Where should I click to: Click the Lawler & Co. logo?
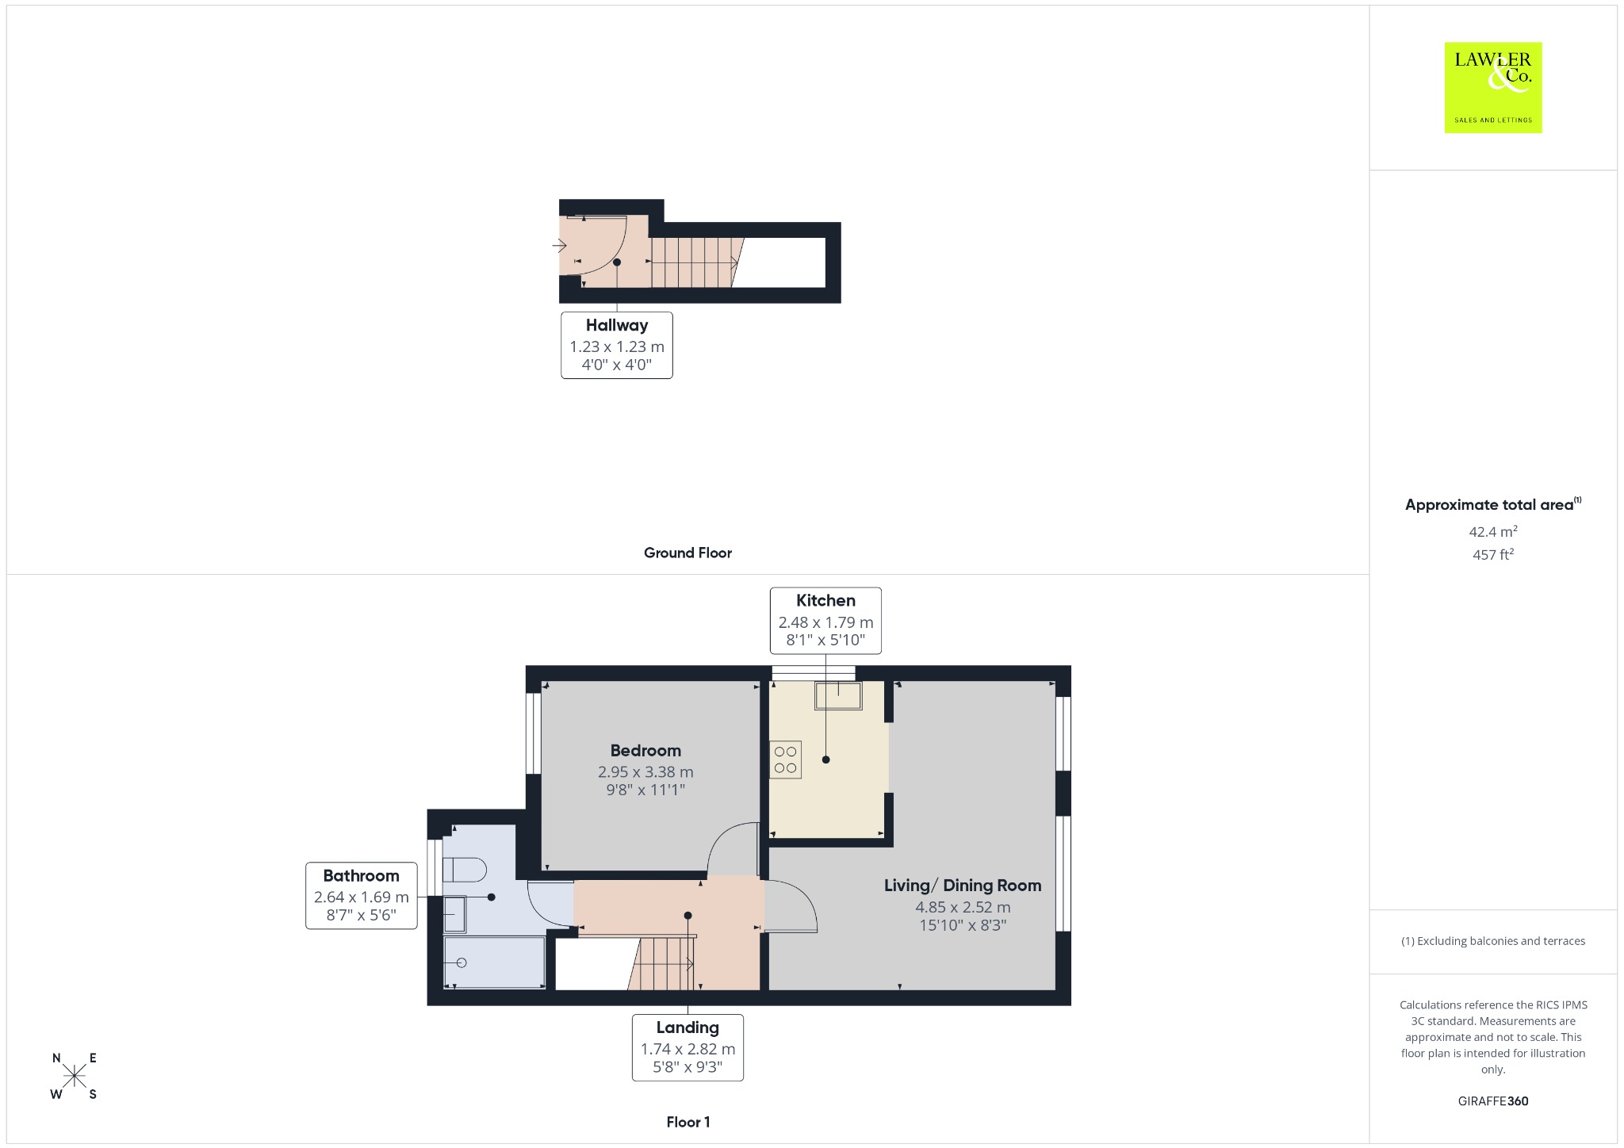[1493, 88]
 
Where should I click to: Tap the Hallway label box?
[617, 345]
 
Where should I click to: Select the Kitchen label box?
[825, 621]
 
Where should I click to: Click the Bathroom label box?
[362, 896]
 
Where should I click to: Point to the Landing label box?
[688, 1047]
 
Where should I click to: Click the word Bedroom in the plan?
[645, 751]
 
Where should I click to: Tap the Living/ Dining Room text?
[963, 886]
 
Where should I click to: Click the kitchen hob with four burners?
[785, 760]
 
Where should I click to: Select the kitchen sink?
[838, 696]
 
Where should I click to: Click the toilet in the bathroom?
[464, 870]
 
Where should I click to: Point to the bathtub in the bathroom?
[495, 962]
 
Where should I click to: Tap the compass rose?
[75, 1076]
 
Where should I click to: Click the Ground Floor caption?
[688, 553]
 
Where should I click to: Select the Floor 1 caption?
[688, 1122]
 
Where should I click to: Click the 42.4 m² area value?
[1493, 531]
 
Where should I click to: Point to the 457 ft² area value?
[1493, 554]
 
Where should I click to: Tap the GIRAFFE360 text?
[1493, 1101]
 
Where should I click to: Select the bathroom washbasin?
[454, 914]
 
